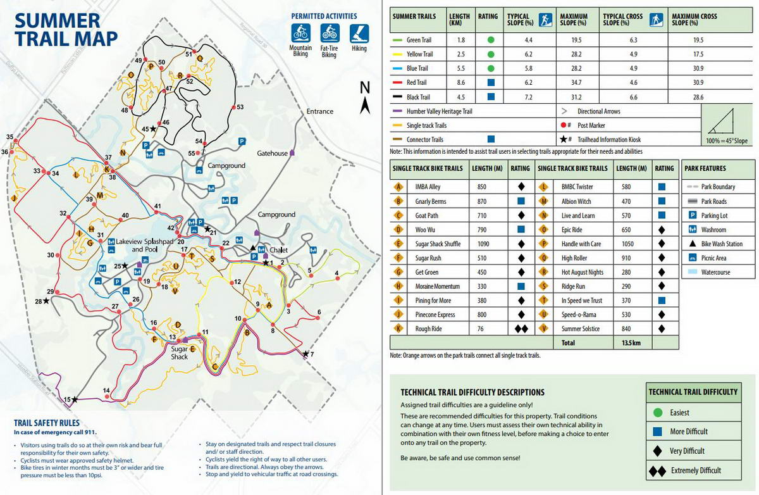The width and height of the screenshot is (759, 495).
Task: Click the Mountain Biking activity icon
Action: point(300,32)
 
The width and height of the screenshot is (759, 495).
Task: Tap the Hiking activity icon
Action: point(359,32)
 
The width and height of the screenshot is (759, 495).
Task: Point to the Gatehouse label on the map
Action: point(273,153)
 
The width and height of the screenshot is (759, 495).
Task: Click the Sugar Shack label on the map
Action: point(179,353)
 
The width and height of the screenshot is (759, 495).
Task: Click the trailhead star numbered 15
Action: point(75,399)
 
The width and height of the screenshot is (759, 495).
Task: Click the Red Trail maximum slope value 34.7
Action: point(574,82)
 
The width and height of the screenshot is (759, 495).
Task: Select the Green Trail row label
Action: point(417,40)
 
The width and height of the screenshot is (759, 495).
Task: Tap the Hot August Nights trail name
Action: point(582,272)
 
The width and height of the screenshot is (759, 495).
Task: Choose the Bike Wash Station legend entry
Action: point(722,244)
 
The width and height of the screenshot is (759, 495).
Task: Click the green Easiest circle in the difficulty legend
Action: point(658,413)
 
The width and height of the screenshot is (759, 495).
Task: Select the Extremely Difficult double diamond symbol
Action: point(658,470)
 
